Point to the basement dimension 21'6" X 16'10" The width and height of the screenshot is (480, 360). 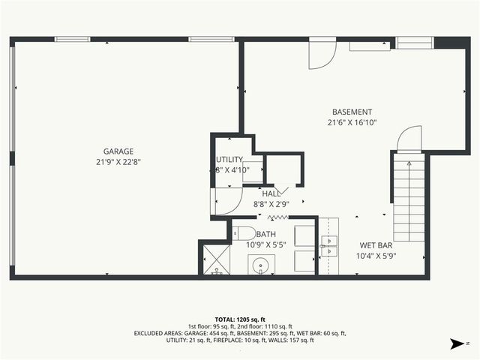[352, 122]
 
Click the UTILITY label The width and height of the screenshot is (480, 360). [229, 160]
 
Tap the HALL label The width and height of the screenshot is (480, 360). [271, 193]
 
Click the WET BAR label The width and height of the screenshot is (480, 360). [377, 245]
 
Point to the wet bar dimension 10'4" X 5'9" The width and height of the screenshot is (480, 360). [377, 256]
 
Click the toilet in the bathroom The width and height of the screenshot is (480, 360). [244, 232]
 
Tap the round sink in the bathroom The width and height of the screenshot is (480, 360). [261, 265]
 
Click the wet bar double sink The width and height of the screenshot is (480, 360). [328, 241]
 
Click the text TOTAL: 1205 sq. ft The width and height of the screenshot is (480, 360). [239, 318]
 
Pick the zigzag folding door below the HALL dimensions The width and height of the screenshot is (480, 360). [279, 217]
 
